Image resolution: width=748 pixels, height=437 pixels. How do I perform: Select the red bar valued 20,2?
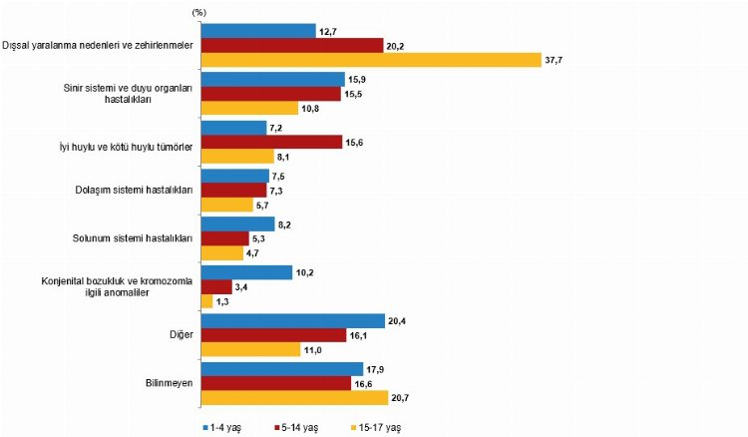(x=292, y=44)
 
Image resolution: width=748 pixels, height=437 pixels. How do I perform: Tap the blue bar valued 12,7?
(x=258, y=29)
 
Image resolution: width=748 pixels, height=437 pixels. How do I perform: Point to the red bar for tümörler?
(x=271, y=141)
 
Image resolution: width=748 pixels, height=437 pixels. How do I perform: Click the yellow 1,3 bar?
(x=206, y=301)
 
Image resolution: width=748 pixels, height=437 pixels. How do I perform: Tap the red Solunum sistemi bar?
(x=225, y=237)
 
